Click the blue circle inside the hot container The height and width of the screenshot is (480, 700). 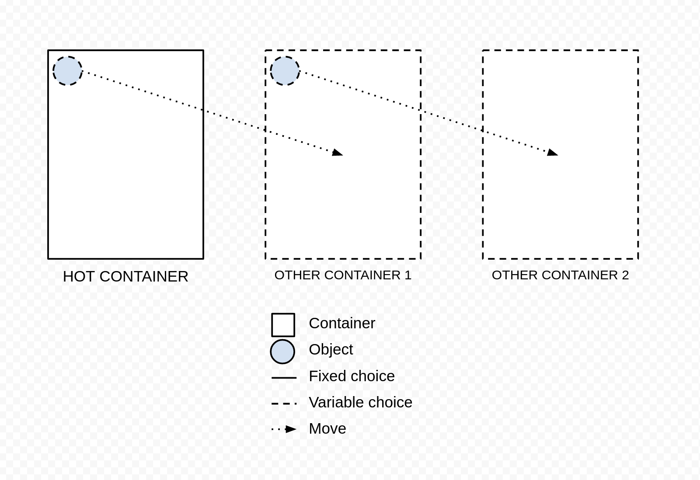67,71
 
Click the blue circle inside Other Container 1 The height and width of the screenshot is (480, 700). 285,71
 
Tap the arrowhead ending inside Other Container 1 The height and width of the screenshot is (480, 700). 338,153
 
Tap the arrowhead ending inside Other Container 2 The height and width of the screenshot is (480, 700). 553,153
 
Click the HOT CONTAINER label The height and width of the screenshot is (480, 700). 125,277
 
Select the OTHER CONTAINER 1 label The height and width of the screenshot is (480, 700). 343,275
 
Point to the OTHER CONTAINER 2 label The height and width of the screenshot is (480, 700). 561,275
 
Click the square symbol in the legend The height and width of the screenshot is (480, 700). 283,325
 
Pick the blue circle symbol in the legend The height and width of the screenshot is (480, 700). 282,351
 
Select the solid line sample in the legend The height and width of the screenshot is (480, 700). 284,378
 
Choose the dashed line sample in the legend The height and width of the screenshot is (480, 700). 284,404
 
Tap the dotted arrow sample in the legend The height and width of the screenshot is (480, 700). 284,429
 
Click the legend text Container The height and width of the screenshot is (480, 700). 342,323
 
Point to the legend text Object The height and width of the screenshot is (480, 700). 331,350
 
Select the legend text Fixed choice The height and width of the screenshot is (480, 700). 352,376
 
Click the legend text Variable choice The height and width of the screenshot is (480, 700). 361,402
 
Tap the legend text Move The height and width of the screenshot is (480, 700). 327,428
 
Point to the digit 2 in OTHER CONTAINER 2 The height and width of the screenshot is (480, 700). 625,275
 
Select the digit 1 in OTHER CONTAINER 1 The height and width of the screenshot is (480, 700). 408,275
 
